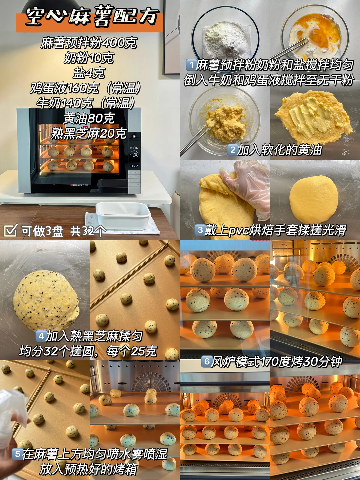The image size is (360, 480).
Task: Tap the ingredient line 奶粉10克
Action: pyautogui.click(x=89, y=58)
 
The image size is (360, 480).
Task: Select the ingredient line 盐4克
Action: pyautogui.click(x=89, y=73)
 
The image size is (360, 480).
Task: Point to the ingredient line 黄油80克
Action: pyautogui.click(x=89, y=118)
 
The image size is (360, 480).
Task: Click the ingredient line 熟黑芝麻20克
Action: pyautogui.click(x=89, y=133)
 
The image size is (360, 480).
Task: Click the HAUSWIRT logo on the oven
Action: pyautogui.click(x=79, y=185)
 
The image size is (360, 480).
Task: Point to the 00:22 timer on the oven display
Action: pyautogui.click(x=134, y=166)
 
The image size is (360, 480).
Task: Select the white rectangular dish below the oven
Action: pyautogui.click(x=123, y=216)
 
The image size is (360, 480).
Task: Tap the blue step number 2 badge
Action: pyautogui.click(x=232, y=150)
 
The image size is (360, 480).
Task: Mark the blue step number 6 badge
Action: pyautogui.click(x=207, y=361)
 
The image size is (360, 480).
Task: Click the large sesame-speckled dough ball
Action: pyautogui.click(x=46, y=301)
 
